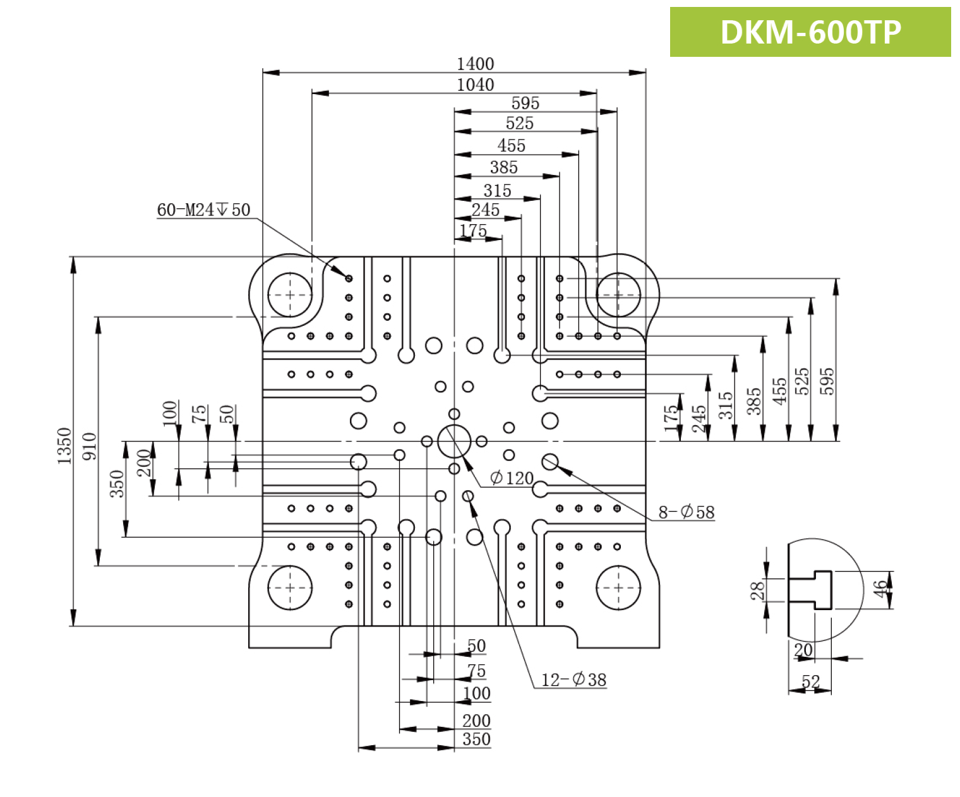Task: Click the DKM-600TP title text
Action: tap(810, 32)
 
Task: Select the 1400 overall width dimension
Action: tap(475, 64)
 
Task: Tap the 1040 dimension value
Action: tap(475, 85)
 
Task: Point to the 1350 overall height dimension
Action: tap(64, 446)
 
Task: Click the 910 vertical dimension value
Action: tap(90, 446)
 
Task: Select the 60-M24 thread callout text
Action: tap(203, 210)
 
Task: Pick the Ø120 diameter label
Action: tap(512, 478)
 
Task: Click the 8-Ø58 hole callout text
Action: tap(687, 512)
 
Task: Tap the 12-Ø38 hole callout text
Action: tap(573, 680)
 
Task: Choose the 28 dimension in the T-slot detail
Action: tap(757, 590)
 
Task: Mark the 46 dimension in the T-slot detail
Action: tap(880, 589)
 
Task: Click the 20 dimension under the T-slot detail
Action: tap(803, 650)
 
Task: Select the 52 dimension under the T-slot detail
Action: tap(810, 681)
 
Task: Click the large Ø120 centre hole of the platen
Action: tap(454, 441)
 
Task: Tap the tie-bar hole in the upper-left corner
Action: tap(290, 295)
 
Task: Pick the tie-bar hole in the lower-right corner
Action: tap(618, 588)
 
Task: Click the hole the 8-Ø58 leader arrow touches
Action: tap(550, 462)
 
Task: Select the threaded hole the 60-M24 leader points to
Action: tap(349, 279)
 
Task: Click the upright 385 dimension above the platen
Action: tap(503, 167)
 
